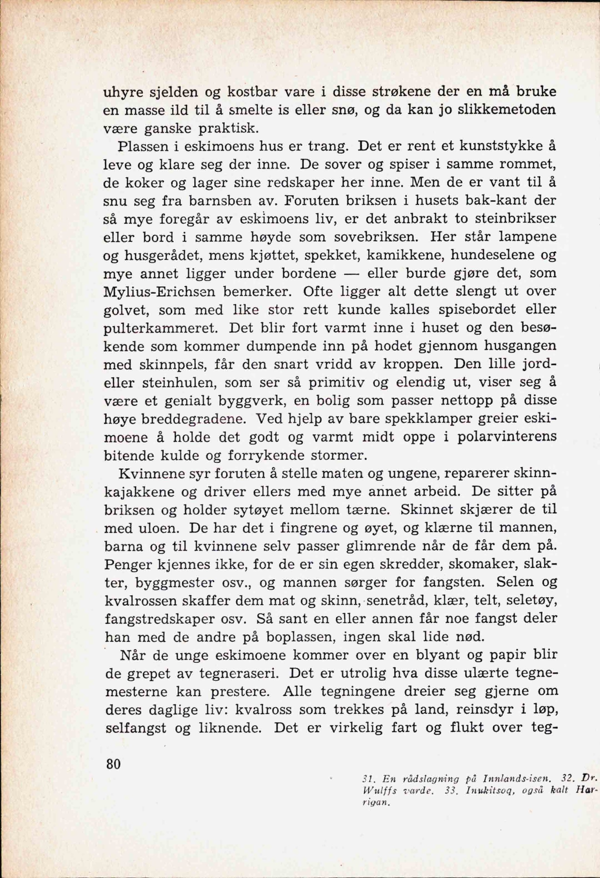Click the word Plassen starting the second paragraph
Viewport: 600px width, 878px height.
pyautogui.click(x=140, y=146)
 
